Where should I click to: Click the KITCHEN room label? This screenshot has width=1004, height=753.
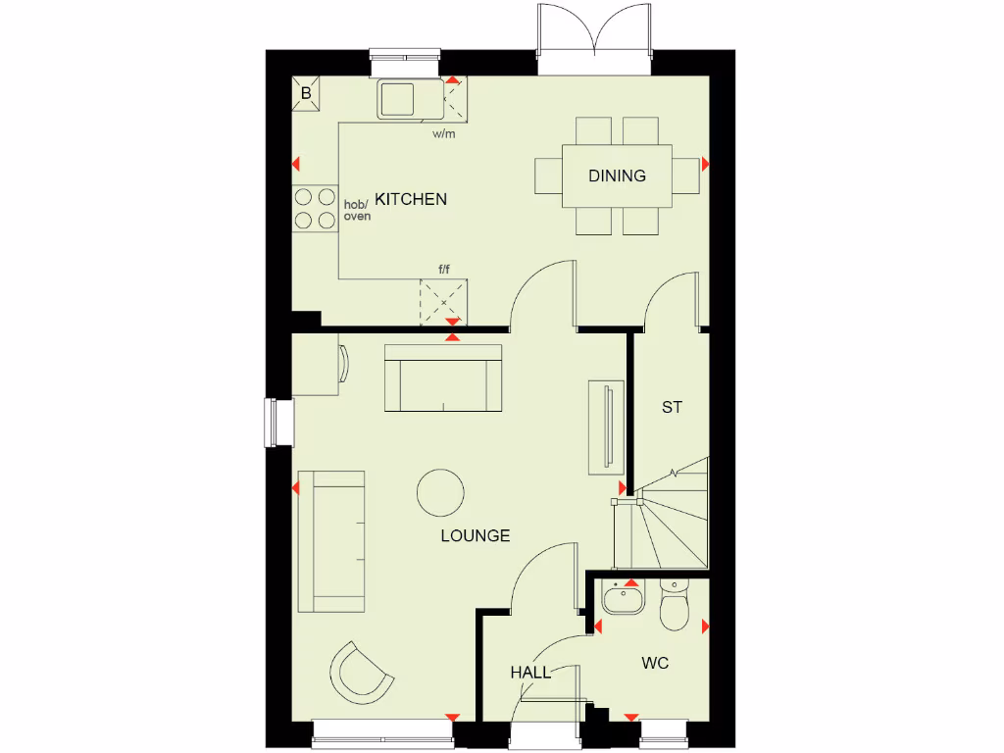click(411, 199)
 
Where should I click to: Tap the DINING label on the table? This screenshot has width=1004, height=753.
click(617, 176)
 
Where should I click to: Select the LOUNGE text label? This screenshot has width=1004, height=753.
click(476, 535)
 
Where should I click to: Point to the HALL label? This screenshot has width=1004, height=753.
click(529, 673)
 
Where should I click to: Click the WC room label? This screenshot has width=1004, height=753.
click(655, 664)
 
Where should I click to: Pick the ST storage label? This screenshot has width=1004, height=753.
click(671, 407)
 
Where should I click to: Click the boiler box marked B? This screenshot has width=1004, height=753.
click(306, 94)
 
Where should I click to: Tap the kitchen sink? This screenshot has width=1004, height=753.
click(397, 98)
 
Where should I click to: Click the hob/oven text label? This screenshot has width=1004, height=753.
click(356, 210)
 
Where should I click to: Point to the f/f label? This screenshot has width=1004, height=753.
click(444, 269)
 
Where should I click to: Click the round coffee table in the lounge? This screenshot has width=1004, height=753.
click(440, 492)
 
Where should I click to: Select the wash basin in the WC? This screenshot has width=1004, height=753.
click(623, 597)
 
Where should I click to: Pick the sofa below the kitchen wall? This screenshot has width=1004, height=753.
click(443, 378)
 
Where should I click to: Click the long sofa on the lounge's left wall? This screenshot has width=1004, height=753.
click(332, 540)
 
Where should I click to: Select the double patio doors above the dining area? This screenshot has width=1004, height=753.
click(593, 37)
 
